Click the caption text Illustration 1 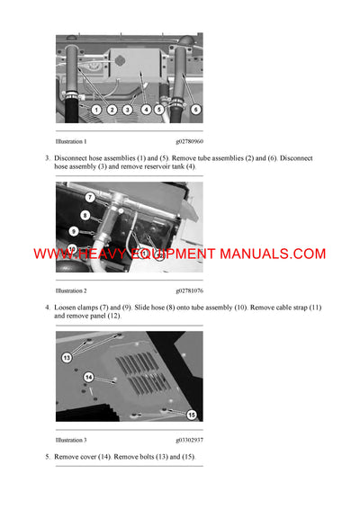click(71, 141)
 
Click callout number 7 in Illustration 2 click(90, 196)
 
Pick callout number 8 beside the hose click(85, 215)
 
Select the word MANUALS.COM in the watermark click(276, 254)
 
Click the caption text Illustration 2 click(71, 290)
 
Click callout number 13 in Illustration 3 click(66, 357)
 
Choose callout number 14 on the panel click(88, 377)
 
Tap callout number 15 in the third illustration click(192, 415)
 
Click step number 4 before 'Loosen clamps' click(48, 308)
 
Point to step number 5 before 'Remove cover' click(48, 458)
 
